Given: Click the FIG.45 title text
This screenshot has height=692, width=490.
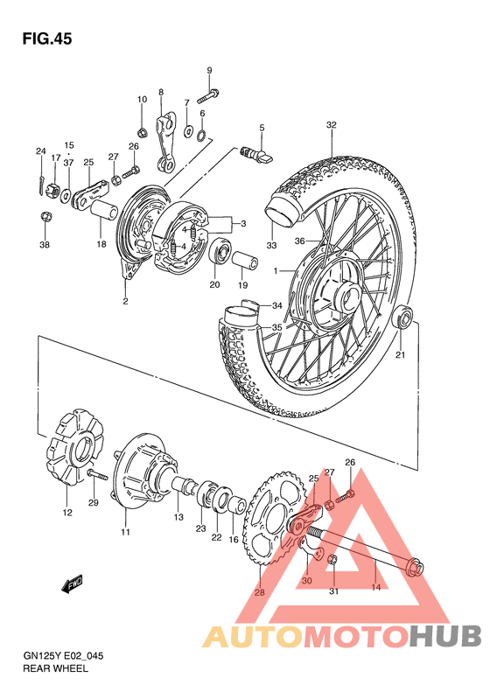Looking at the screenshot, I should pyautogui.click(x=46, y=39).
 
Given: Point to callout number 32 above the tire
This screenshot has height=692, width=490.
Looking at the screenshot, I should pyautogui.click(x=331, y=125).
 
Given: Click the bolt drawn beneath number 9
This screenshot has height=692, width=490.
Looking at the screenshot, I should pyautogui.click(x=210, y=91).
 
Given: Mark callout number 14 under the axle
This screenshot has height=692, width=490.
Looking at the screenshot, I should pyautogui.click(x=376, y=588).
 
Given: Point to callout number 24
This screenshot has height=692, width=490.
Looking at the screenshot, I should pyautogui.click(x=39, y=151).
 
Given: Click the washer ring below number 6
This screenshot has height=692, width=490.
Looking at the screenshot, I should pyautogui.click(x=202, y=135).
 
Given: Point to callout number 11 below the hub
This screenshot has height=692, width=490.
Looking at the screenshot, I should pyautogui.click(x=125, y=532).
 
